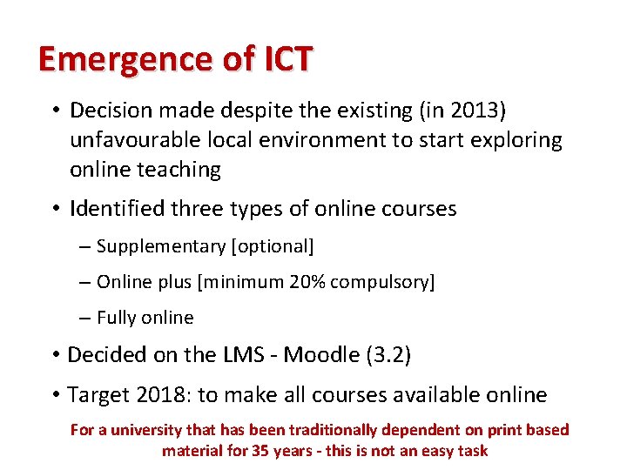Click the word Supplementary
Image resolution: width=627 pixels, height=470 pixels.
pos(161,246)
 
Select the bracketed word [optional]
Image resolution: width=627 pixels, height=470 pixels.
pos(272,246)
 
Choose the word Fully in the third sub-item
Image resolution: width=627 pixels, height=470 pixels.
pos(116,318)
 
